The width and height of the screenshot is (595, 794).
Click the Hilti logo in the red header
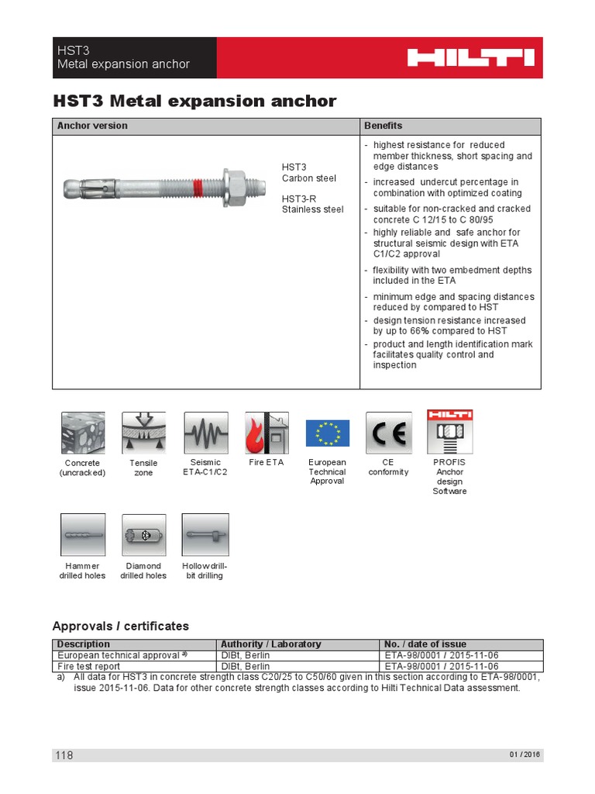coord(471,57)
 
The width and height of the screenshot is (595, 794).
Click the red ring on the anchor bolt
coord(199,187)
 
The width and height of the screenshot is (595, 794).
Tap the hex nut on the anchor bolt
coord(232,187)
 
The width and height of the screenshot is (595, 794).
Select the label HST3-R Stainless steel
coord(312,204)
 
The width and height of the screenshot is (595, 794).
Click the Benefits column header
coord(383,126)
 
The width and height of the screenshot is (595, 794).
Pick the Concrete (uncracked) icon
coord(83,433)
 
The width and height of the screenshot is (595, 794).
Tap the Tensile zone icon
coord(144,433)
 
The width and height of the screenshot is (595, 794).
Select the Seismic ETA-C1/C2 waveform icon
coord(205,433)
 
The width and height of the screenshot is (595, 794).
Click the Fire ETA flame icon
coord(267,433)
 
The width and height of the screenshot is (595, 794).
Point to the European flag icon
coord(328,433)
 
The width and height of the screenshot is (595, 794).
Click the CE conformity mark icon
coord(388,433)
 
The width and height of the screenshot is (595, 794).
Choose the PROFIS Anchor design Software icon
coord(449,432)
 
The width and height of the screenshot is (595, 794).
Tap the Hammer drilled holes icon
coord(83,535)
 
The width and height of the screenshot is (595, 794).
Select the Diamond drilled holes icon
coord(144,535)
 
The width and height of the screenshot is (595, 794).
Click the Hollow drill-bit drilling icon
coord(205,535)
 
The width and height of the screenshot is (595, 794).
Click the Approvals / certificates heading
coord(120,626)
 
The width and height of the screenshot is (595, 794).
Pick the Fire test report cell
coord(88,666)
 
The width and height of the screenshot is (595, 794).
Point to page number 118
coord(64,755)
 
